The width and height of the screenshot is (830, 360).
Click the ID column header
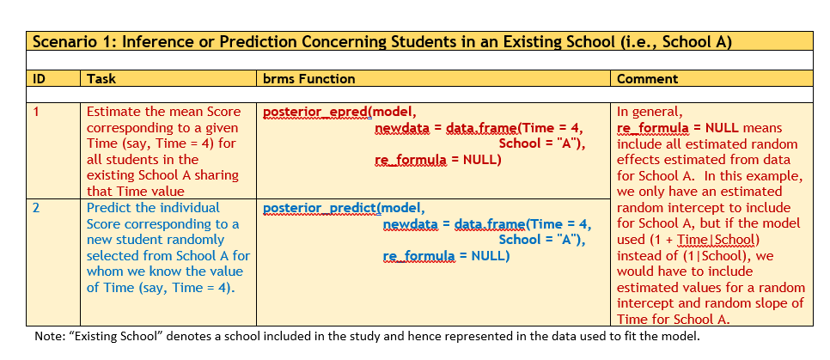40,79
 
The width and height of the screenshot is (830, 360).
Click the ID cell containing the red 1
37,112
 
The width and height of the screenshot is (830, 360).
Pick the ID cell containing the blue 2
37,208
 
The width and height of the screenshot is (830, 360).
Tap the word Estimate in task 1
114,112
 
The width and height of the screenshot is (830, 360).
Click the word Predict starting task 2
110,208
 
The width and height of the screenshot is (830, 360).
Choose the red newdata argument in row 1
401,128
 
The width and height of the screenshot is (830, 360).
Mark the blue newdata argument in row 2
409,224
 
